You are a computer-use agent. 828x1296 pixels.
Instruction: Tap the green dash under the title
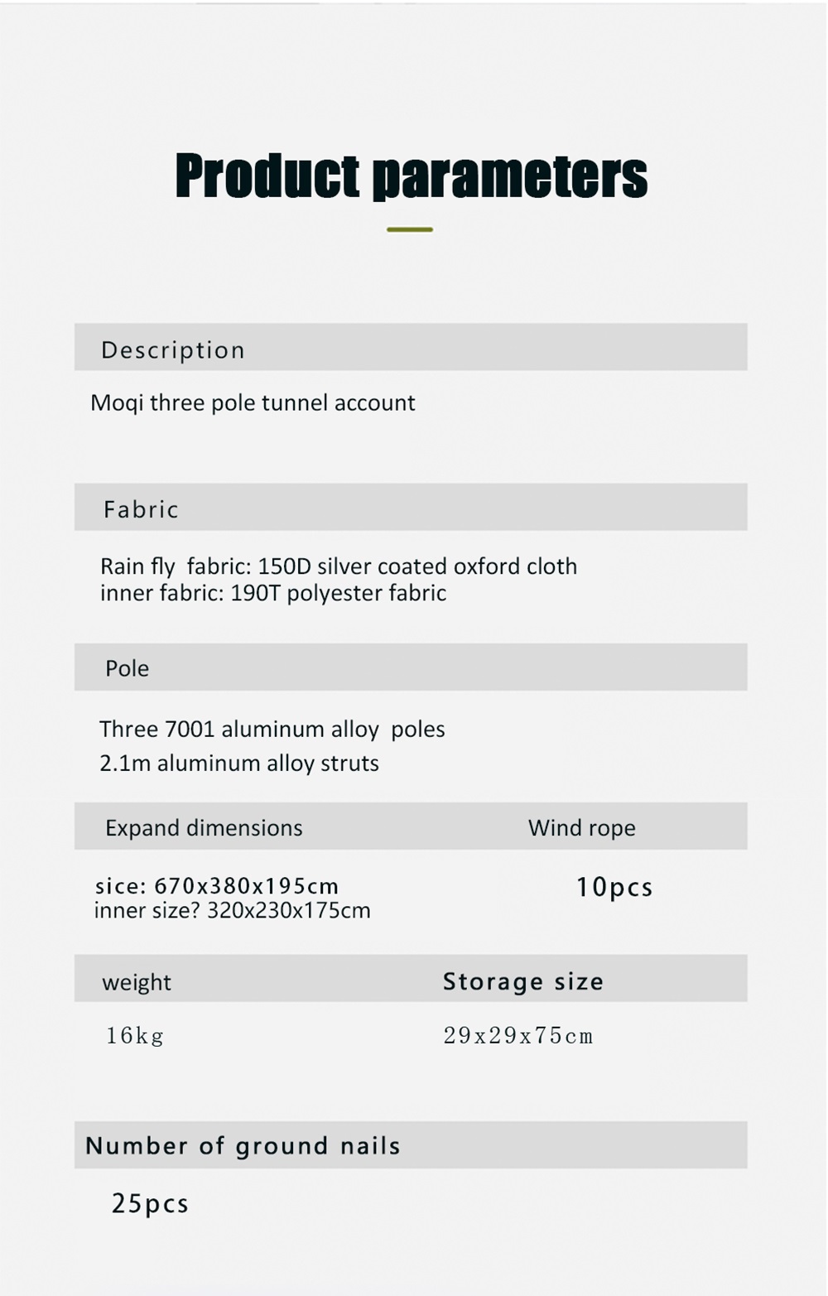coord(410,229)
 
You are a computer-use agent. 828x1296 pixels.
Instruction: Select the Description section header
coord(172,349)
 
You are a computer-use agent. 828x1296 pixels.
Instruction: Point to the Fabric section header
coord(141,508)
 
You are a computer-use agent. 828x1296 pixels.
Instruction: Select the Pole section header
coord(127,668)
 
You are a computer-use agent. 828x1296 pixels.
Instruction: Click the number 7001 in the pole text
coord(190,729)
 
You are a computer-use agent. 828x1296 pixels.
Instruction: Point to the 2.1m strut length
coord(125,763)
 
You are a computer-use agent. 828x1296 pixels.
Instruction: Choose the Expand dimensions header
coord(204,827)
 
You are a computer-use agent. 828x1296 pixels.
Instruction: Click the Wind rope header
coord(581,827)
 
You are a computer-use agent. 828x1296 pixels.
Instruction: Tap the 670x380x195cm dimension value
coord(247,886)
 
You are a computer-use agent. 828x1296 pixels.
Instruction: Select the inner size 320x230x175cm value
coord(288,911)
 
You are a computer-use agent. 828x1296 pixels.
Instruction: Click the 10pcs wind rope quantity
coord(614,887)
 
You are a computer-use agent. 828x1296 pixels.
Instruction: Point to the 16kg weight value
coord(135,1035)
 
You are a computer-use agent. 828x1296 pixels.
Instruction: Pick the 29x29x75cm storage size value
coord(518,1035)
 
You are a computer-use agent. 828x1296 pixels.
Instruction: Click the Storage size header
coord(522,981)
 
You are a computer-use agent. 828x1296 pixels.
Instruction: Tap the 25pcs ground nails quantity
coord(150,1203)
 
